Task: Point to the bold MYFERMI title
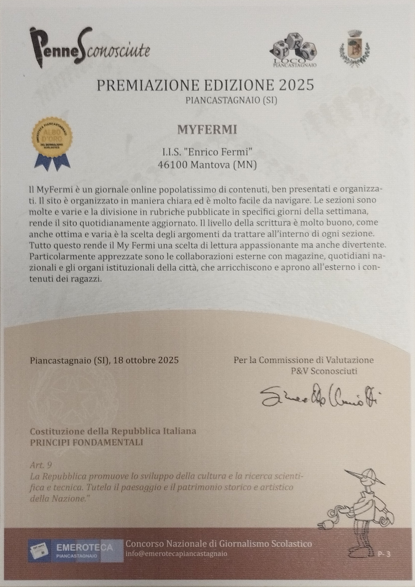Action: click(x=207, y=130)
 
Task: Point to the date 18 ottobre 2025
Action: click(x=146, y=360)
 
